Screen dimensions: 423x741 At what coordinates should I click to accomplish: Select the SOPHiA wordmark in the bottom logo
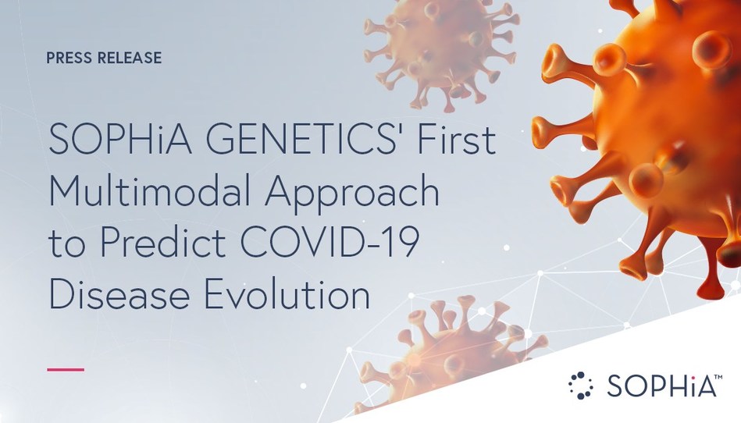pyautogui.click(x=654, y=386)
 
